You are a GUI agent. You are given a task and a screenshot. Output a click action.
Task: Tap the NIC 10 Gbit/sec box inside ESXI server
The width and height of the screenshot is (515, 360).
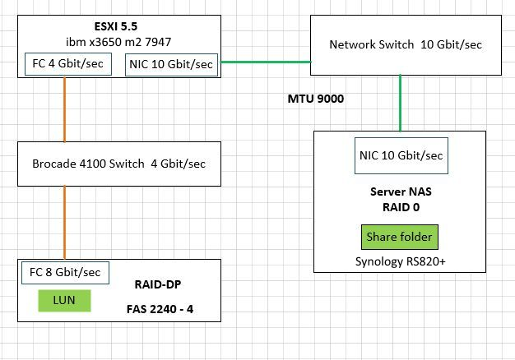click(x=171, y=63)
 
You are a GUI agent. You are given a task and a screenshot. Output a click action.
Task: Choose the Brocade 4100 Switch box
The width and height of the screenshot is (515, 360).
click(x=120, y=163)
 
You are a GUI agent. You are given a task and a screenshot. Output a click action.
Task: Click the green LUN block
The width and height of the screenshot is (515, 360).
click(x=63, y=300)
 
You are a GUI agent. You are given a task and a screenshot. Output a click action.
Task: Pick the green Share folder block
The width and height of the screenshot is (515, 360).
click(x=400, y=238)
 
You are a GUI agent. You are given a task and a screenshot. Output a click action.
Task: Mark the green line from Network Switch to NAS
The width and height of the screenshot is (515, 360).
click(x=401, y=102)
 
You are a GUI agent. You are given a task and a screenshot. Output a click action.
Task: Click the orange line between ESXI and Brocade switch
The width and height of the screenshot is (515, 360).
click(x=63, y=110)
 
